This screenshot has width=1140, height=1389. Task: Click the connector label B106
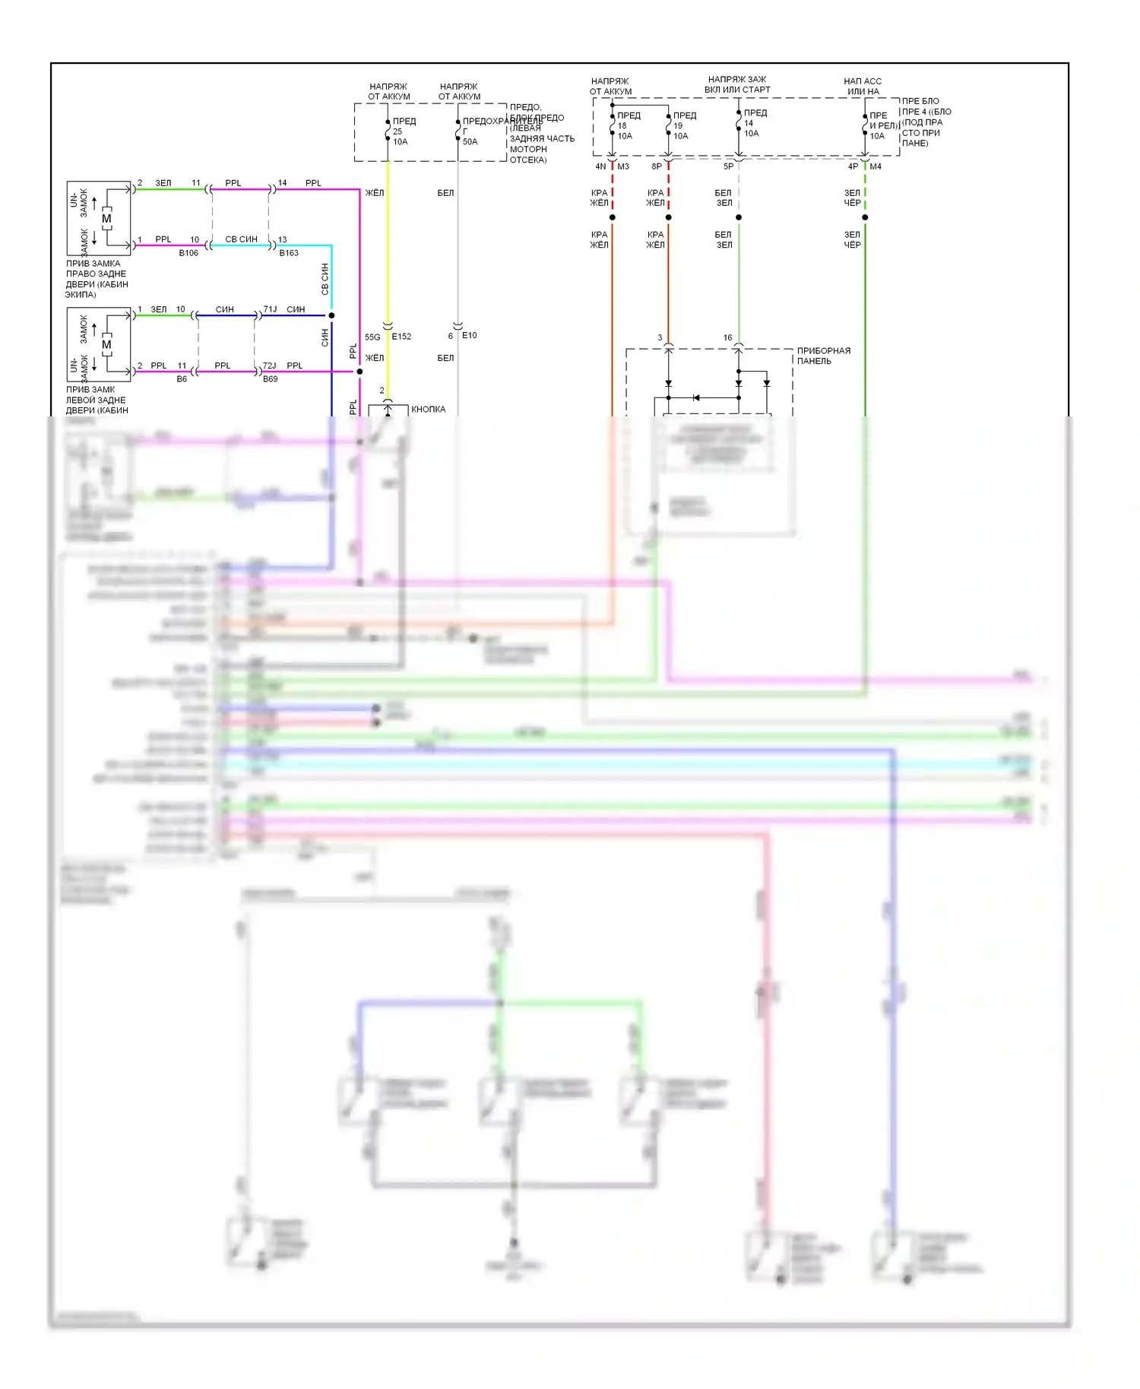pos(188,253)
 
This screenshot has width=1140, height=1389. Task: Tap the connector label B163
pos(289,253)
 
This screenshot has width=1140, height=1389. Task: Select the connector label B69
pos(271,379)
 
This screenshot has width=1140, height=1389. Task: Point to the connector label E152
pos(401,337)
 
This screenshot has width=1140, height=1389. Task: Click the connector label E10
pos(470,335)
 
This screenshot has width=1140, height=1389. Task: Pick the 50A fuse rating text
pos(470,141)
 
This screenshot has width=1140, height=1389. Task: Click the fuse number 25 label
pos(397,131)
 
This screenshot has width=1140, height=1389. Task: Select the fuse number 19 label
pos(678,126)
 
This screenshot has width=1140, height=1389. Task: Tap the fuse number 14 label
pos(749,123)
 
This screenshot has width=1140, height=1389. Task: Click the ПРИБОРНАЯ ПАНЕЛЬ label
pos(823,356)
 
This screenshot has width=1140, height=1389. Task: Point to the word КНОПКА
pos(429,410)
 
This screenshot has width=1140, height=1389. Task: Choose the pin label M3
pos(623,166)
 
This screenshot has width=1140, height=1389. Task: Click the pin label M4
pos(876,166)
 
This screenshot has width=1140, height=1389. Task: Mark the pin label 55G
pos(372,337)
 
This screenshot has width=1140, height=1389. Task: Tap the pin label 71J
pos(270,309)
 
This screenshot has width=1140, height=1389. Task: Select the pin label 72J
pos(270,365)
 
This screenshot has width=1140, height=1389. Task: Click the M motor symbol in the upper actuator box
pos(106,219)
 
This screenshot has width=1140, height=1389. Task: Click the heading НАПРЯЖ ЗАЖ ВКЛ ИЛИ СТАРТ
pos(737,84)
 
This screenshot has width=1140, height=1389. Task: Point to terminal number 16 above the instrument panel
pos(727,337)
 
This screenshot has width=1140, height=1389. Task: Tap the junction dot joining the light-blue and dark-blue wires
pos(331,315)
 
